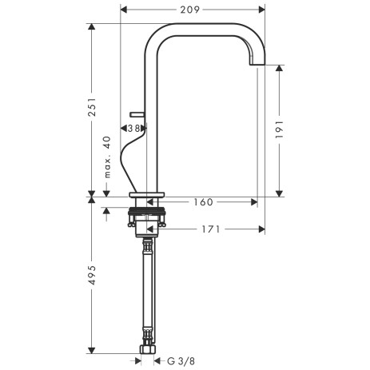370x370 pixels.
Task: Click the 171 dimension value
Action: click(x=210, y=229)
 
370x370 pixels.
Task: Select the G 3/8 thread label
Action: click(x=180, y=361)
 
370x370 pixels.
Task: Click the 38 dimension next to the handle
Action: click(x=133, y=128)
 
